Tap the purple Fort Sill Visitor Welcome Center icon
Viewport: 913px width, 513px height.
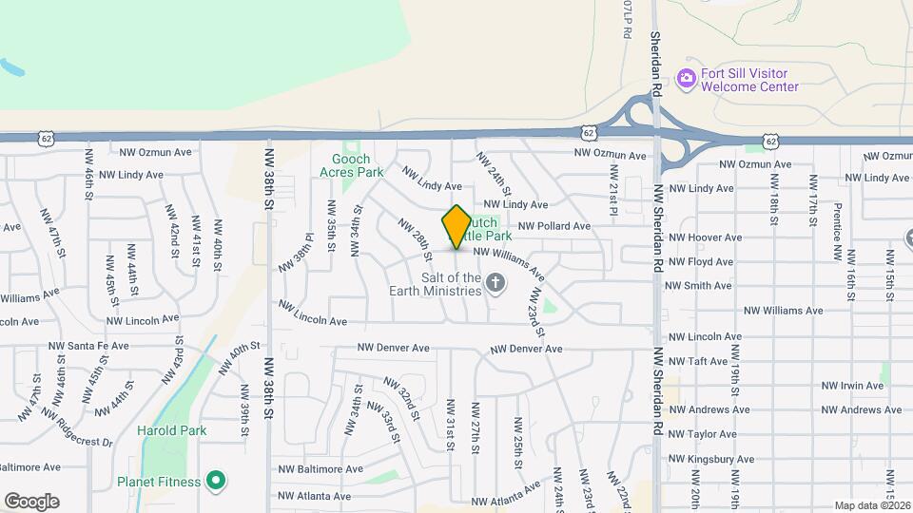pyautogui.click(x=686, y=79)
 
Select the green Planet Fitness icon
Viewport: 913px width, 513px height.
pyautogui.click(x=216, y=481)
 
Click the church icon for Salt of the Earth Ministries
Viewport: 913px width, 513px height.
pyautogui.click(x=495, y=282)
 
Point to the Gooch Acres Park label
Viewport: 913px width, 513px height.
pyautogui.click(x=358, y=166)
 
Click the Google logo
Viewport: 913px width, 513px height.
pyautogui.click(x=31, y=502)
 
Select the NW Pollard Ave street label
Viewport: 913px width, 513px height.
pyautogui.click(x=555, y=226)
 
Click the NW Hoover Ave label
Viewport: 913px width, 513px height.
pyautogui.click(x=705, y=237)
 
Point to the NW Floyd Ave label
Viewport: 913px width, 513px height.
pyautogui.click(x=701, y=261)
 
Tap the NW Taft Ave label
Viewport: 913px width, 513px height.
pyautogui.click(x=698, y=361)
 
